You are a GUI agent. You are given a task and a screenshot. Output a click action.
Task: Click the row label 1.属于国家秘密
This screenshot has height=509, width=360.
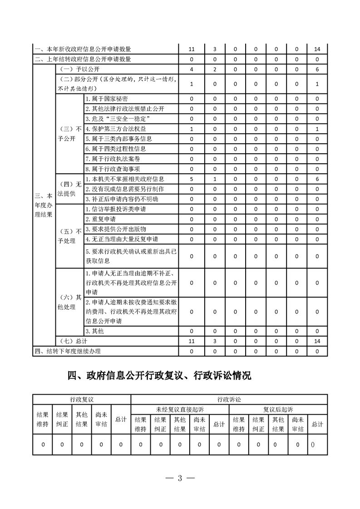tap(107, 99)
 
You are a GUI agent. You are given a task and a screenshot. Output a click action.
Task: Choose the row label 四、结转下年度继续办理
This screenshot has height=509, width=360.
tap(68, 351)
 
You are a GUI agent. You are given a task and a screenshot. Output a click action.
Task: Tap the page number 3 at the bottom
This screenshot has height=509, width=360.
tap(180, 478)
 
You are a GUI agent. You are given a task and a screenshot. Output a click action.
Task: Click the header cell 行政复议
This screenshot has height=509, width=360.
tap(82, 399)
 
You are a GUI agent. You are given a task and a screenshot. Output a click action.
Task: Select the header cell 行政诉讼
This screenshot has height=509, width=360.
tap(229, 399)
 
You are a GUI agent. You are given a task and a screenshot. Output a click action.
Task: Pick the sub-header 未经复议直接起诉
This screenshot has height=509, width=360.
tap(180, 410)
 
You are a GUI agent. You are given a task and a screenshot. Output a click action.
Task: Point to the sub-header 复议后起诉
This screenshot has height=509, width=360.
tap(278, 410)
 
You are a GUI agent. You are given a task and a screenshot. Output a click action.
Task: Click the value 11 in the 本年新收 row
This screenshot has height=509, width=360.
tap(192, 49)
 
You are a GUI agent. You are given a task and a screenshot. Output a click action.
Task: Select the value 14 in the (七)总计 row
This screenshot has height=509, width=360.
tap(317, 340)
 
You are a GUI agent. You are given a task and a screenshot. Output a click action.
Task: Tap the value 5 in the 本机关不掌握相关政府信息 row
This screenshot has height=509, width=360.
tap(192, 179)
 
